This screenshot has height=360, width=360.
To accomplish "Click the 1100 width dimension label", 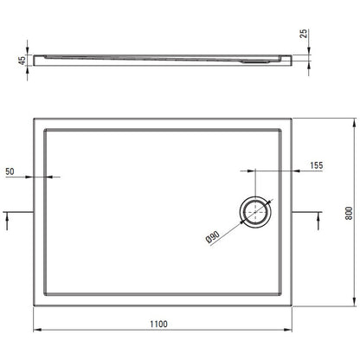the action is point(158,324).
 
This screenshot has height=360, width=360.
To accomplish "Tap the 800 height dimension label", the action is point(349,213).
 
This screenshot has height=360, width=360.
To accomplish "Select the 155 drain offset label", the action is point(317,165).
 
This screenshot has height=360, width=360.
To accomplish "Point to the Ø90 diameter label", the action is point(213,237).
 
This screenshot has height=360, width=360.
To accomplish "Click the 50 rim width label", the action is point(10,171).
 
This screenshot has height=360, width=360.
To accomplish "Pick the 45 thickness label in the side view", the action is point(22,61).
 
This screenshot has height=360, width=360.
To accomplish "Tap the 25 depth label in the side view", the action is point(304,34).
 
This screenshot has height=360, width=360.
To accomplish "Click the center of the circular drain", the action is point(255,212).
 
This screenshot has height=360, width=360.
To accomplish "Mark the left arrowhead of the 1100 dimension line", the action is point(36,330).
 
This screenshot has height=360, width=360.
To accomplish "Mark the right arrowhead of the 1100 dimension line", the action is point(289,330).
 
